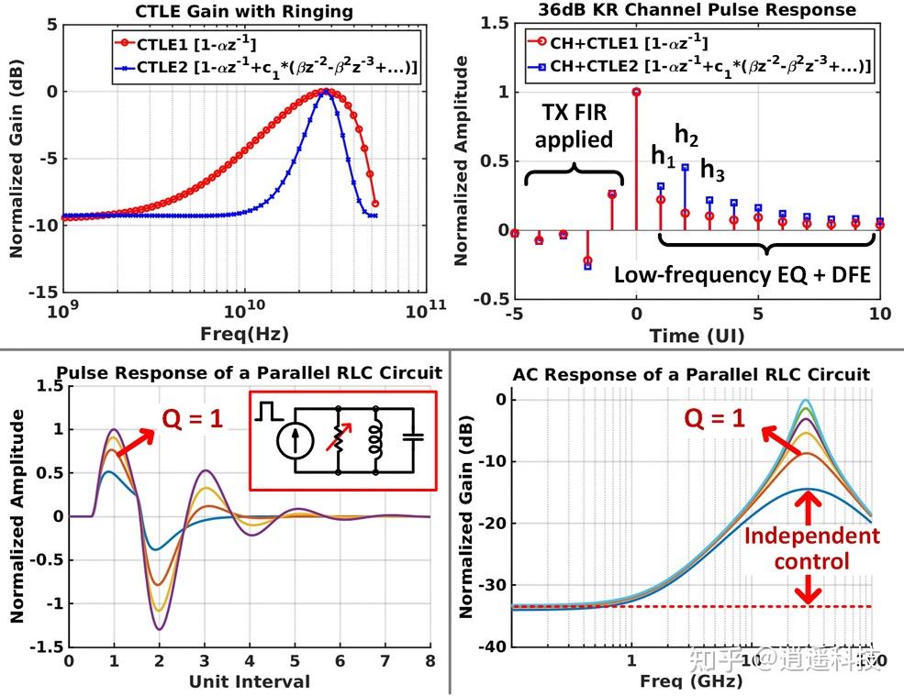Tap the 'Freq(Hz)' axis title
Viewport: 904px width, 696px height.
coord(244,336)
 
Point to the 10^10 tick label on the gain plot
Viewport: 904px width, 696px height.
coord(244,313)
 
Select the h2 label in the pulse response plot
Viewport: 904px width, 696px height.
coord(686,136)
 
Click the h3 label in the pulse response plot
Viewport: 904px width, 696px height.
coord(713,169)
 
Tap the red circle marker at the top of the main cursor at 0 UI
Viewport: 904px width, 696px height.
coord(636,92)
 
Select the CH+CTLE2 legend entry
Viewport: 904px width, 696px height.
coord(698,67)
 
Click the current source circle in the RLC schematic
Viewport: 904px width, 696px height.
coord(291,440)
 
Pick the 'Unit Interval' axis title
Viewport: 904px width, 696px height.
coord(250,681)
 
